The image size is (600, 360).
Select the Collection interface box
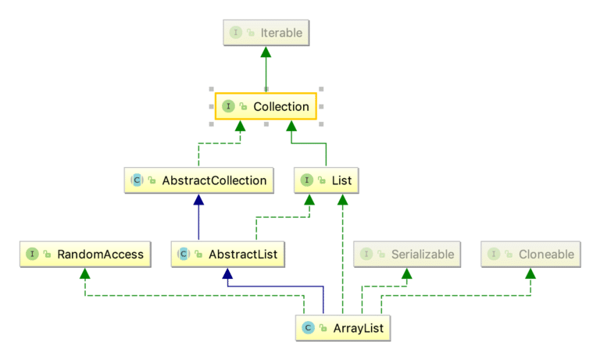pyautogui.click(x=266, y=105)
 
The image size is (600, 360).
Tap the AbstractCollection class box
pyautogui.click(x=198, y=180)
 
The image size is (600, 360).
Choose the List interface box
pyautogui.click(x=327, y=180)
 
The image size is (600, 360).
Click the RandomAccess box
pyautogui.click(x=84, y=254)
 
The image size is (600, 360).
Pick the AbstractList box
pyautogui.click(x=227, y=254)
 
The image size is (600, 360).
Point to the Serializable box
pyautogui.click(x=406, y=254)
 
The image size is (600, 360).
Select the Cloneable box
pyautogui.click(x=531, y=254)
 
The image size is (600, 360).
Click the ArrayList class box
pyautogui.click(x=342, y=328)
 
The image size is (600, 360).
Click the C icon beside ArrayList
pyautogui.click(x=309, y=328)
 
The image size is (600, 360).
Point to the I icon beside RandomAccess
pyautogui.click(x=32, y=254)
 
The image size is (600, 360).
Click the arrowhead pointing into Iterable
pyautogui.click(x=266, y=52)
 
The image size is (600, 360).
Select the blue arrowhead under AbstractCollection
pyautogui.click(x=198, y=199)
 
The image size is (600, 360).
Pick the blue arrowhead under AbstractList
pyautogui.click(x=227, y=273)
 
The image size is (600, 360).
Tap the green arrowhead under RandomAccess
pyautogui.click(x=84, y=273)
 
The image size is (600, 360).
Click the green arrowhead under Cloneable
pyautogui.click(x=531, y=273)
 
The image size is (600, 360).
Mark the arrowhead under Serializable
pyautogui.click(x=406, y=273)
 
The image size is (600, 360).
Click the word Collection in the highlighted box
pyautogui.click(x=280, y=105)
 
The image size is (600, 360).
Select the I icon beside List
pyautogui.click(x=308, y=180)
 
